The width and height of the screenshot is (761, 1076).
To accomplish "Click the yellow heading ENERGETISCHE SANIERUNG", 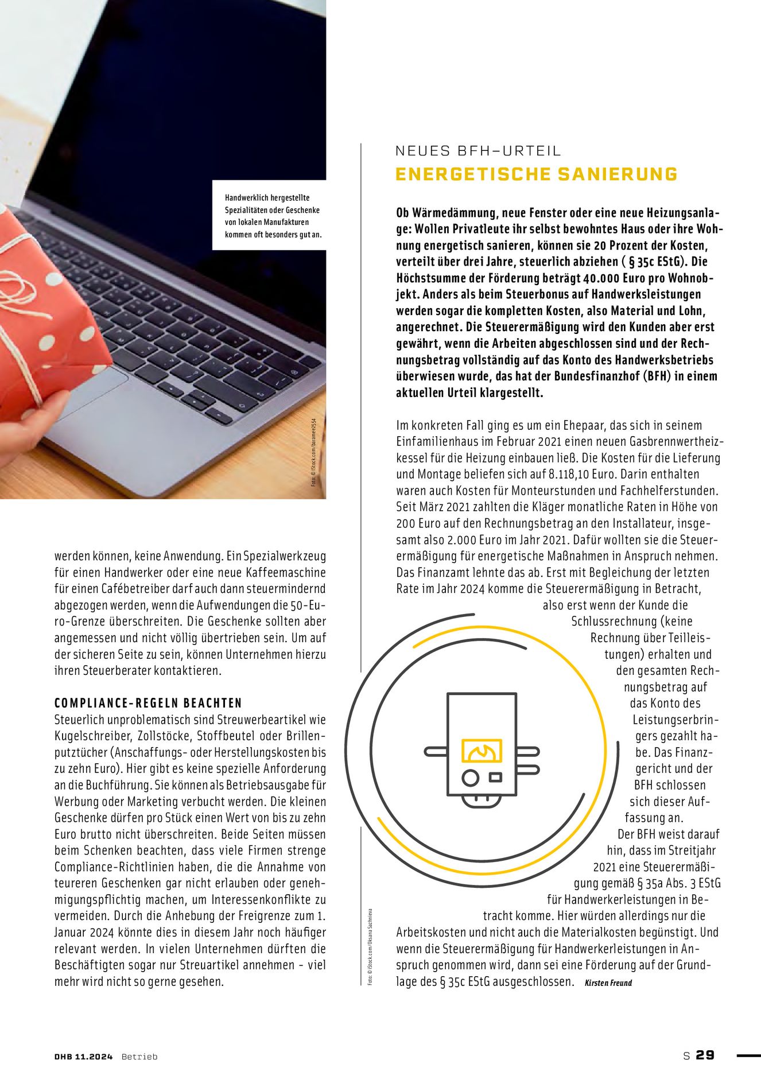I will click(x=536, y=174).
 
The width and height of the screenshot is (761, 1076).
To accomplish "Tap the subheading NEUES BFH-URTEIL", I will click(x=478, y=151).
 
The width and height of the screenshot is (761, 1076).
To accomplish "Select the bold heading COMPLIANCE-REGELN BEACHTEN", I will click(x=148, y=703).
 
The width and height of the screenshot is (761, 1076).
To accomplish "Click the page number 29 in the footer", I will click(x=705, y=1055).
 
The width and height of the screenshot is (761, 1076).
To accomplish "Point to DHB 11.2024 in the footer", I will click(x=84, y=1056).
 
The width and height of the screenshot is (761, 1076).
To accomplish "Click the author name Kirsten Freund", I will click(x=608, y=982).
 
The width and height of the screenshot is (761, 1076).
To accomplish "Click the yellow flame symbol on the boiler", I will click(x=482, y=751).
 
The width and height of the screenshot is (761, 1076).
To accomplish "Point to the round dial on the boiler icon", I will click(x=470, y=778).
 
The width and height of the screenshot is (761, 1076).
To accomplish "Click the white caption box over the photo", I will click(x=269, y=215).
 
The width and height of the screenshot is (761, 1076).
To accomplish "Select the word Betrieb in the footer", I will click(x=139, y=1056).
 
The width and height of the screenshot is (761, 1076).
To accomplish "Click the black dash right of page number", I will click(x=747, y=1055).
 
